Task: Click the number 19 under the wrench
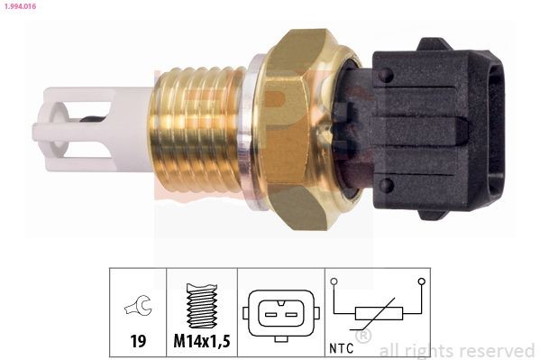(137, 343)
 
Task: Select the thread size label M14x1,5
(202, 343)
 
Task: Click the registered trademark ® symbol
(363, 337)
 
